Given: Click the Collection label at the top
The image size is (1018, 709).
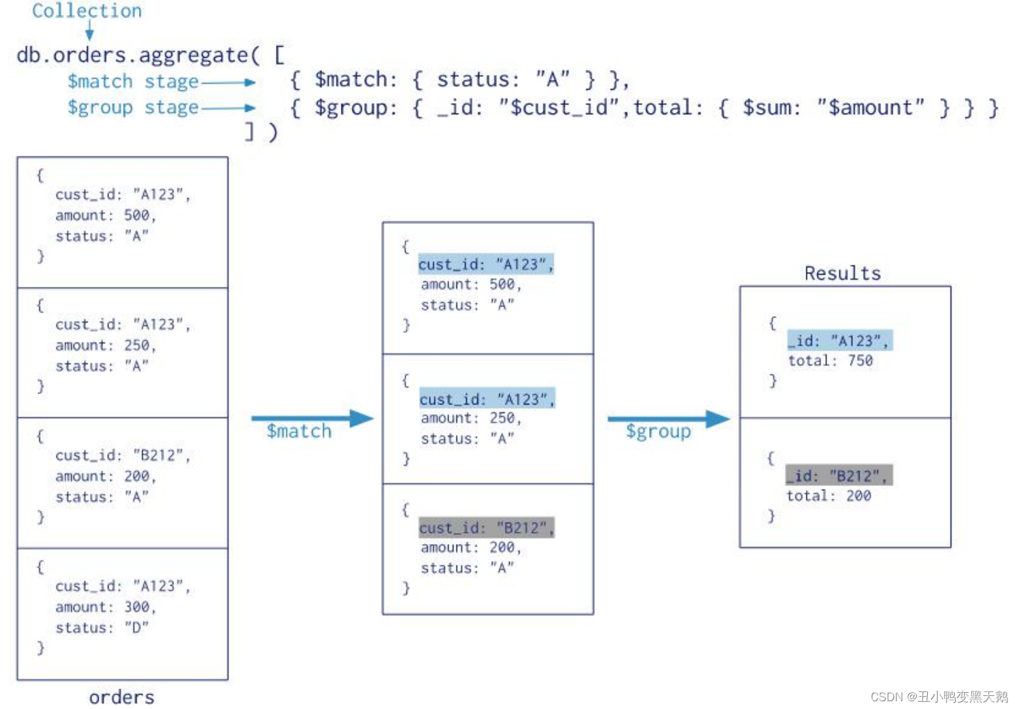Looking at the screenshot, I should click(87, 11).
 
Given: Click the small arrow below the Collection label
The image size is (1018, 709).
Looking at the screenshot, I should click(90, 31).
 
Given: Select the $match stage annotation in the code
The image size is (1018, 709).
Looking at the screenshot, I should click(132, 82).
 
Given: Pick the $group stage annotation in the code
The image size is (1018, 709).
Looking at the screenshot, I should click(132, 107).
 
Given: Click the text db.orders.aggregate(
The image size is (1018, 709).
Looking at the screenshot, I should click(138, 55).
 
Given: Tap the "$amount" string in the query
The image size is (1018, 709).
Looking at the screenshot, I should click(870, 107).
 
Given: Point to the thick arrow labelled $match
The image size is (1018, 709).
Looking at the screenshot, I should click(312, 419).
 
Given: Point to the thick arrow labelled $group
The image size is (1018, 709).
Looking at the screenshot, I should click(668, 419).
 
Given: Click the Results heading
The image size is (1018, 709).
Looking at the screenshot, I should click(843, 273).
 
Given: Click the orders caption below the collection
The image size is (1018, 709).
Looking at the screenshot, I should click(122, 697).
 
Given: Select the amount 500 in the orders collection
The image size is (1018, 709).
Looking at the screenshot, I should click(137, 216).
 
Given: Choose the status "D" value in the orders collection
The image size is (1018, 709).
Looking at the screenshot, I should click(136, 628).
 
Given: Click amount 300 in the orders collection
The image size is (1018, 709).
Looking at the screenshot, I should click(137, 607).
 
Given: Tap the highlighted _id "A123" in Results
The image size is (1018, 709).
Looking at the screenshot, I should click(839, 341).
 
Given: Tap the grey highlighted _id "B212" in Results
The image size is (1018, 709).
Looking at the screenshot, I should click(839, 476).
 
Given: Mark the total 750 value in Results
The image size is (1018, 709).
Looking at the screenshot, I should click(860, 361).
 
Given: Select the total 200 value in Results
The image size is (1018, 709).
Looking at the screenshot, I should click(858, 496).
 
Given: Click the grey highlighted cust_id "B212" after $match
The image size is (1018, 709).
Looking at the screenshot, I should click(487, 528).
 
